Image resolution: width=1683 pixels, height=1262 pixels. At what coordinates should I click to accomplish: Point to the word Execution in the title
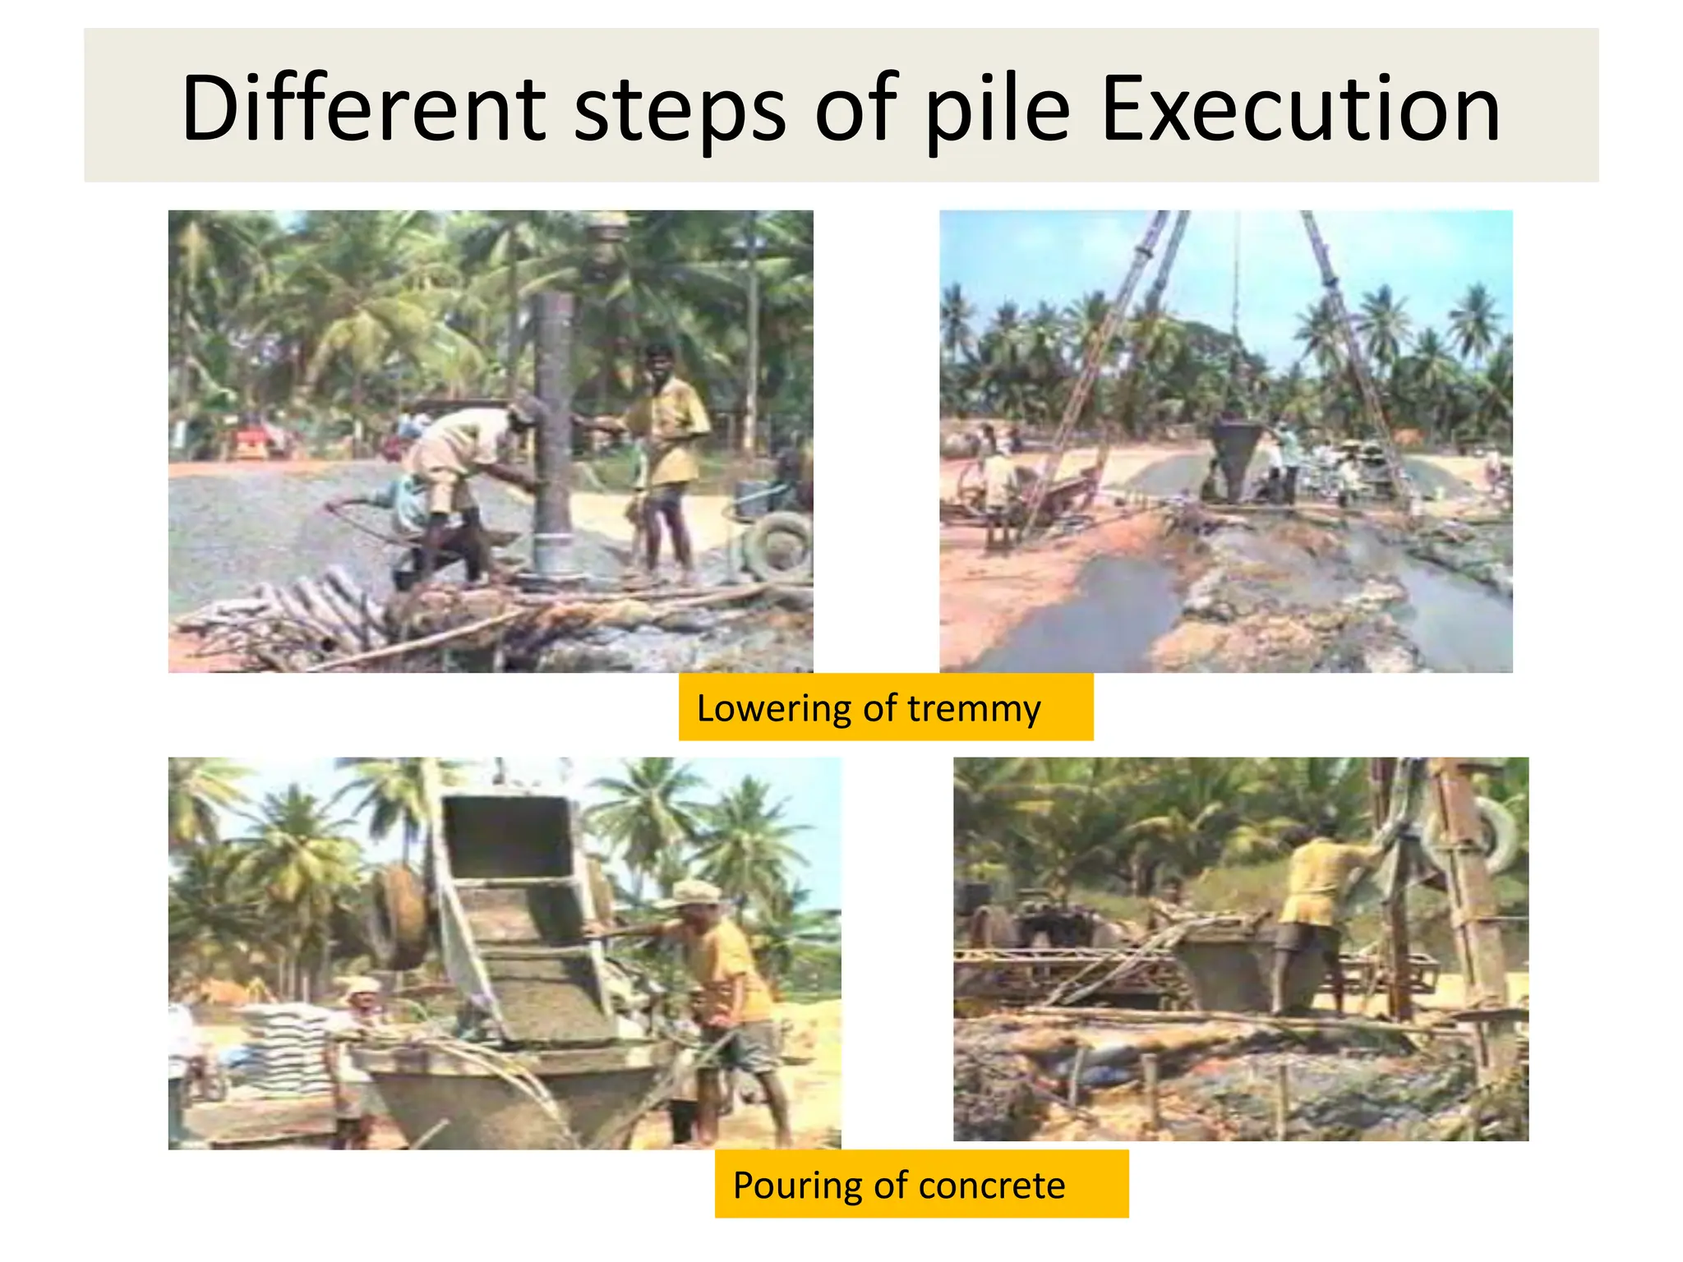click(x=1300, y=109)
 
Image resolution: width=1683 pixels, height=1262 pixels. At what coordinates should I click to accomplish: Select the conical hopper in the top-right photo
click(x=1234, y=456)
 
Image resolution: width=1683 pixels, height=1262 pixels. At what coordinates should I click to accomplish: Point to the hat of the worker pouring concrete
click(x=696, y=891)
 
